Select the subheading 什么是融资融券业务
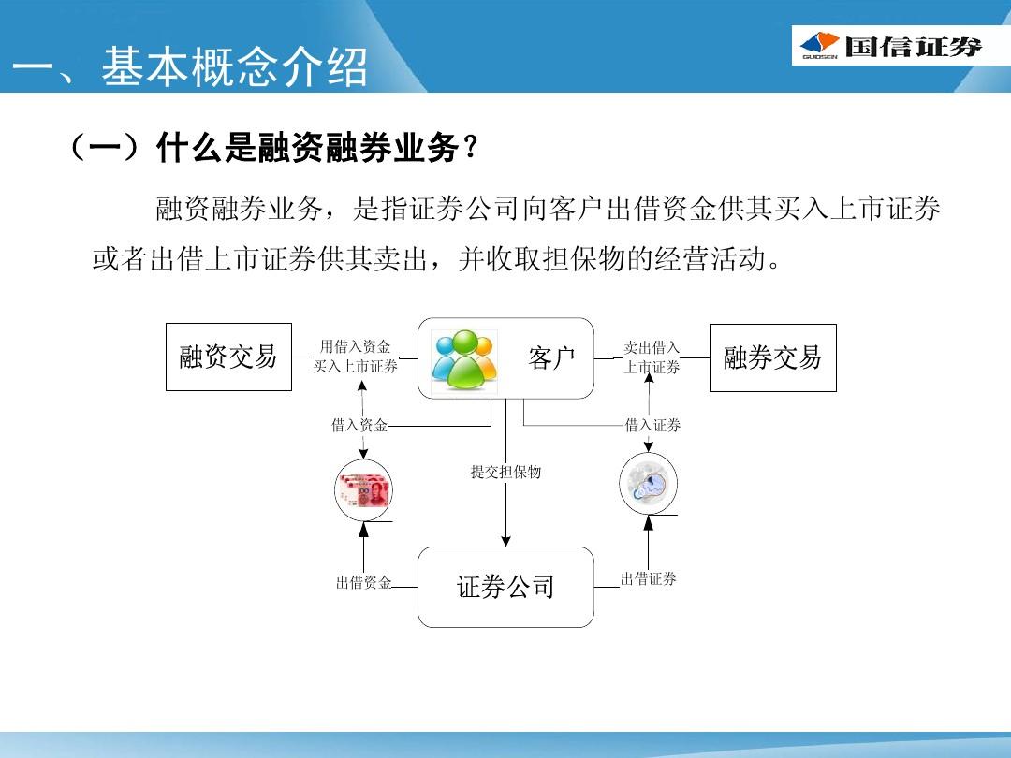(x=308, y=148)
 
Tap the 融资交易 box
(x=229, y=357)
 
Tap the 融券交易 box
(x=773, y=357)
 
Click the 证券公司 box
(x=505, y=587)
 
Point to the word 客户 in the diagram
(x=551, y=357)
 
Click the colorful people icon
(x=464, y=359)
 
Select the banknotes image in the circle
(x=363, y=489)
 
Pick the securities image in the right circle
(x=649, y=484)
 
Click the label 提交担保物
(x=506, y=472)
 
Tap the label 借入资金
(x=359, y=425)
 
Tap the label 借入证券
(x=653, y=426)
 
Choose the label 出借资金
(x=363, y=583)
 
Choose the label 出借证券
(x=649, y=579)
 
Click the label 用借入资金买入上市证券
(x=356, y=357)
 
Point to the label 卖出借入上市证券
(x=652, y=357)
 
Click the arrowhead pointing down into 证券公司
(x=506, y=540)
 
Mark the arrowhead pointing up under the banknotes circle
(x=363, y=529)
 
